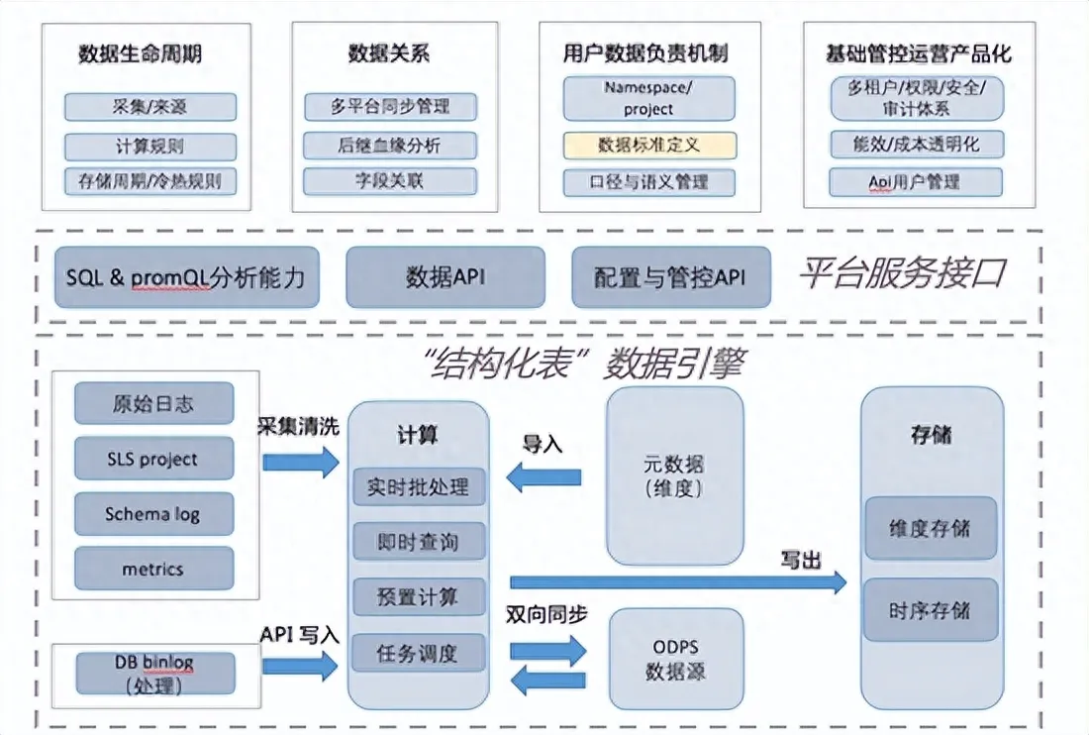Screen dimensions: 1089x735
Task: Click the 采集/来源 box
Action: coord(150,107)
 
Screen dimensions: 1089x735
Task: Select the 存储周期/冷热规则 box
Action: coord(150,181)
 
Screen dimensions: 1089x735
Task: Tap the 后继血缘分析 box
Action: coord(390,146)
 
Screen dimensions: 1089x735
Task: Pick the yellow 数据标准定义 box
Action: coord(649,146)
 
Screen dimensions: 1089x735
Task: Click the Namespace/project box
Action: coord(649,99)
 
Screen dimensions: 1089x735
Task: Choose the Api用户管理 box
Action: coord(916,182)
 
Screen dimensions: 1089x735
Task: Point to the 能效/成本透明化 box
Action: coord(917,144)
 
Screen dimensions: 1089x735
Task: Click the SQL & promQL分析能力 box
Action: coord(187,277)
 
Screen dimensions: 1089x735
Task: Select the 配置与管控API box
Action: coord(671,277)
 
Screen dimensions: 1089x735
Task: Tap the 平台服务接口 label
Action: coord(902,273)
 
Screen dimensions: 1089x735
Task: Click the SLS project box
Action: coord(153,459)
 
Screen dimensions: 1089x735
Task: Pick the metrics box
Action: coord(153,569)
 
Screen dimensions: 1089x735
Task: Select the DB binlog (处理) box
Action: coord(154,674)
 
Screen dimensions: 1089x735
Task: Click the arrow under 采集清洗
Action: coord(301,462)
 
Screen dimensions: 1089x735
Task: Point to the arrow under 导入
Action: coord(544,477)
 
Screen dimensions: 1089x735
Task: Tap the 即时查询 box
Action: coord(418,542)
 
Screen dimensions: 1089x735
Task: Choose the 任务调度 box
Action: coord(418,653)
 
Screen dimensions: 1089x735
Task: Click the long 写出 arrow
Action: coord(678,582)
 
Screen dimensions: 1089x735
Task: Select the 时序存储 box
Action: coord(931,610)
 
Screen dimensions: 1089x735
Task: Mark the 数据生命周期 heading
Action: coord(140,53)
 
